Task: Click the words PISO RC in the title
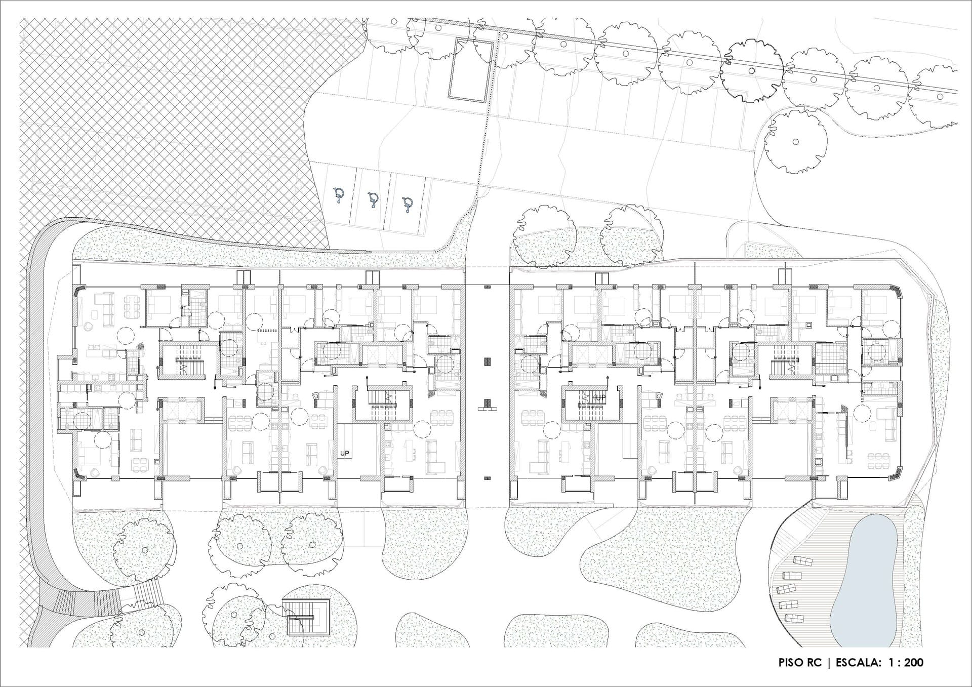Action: tap(800, 662)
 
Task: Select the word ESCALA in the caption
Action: tap(857, 662)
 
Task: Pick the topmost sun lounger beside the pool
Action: tap(802, 561)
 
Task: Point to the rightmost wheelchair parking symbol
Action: tap(407, 204)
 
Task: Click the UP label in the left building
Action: tap(345, 454)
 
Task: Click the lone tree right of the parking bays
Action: tap(795, 142)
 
